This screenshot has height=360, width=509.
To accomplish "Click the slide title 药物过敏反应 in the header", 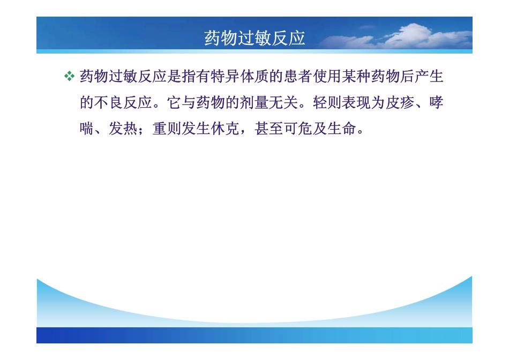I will [254, 38].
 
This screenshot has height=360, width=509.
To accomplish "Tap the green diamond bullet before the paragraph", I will [69, 77].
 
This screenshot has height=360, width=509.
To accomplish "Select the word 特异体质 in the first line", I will [239, 77].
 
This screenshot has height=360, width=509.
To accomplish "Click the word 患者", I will [298, 77].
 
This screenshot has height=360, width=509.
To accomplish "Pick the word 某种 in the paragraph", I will [356, 77].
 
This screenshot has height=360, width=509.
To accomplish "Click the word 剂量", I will [254, 103].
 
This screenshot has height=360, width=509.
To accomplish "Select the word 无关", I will [283, 103].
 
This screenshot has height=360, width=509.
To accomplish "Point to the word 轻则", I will [327, 103].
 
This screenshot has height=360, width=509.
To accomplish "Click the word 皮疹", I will [400, 103].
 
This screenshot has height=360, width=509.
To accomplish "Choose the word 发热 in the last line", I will [124, 129].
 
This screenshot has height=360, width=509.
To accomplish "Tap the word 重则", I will [167, 129].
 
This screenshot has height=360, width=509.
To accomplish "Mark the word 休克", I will [225, 129].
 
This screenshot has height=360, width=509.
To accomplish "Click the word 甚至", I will [269, 129].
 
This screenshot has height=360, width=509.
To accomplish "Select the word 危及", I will [312, 129].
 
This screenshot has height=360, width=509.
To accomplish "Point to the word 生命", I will [342, 129].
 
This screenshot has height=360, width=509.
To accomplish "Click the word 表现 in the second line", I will [356, 103].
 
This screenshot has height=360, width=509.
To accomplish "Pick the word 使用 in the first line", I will [327, 77].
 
